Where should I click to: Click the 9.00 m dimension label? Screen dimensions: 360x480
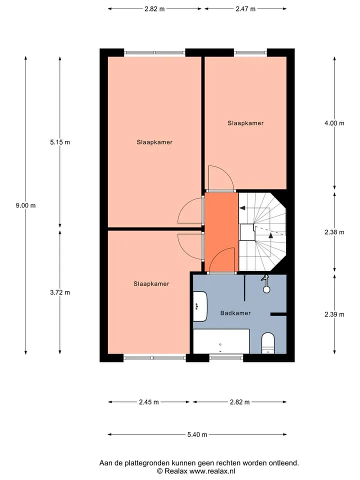tap(25, 205)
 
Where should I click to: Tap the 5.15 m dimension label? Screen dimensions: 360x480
tap(60, 142)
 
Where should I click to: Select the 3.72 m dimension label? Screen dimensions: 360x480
tap(60, 292)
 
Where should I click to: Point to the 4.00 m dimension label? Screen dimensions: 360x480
tap(334, 123)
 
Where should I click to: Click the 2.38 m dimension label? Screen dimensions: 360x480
tap(334, 232)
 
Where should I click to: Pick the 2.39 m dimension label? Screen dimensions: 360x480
tap(334, 314)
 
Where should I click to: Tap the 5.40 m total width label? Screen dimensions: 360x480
tap(197, 434)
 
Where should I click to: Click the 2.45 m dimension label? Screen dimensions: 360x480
tap(149, 402)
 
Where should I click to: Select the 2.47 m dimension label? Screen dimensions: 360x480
tap(245, 9)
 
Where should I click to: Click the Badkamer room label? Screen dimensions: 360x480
tap(235, 313)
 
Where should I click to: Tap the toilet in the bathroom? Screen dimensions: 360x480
tap(268, 343)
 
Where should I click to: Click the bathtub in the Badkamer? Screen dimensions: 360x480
tap(221, 341)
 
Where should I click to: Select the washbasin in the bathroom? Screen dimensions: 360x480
tap(200, 306)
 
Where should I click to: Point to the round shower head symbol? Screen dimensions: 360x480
tap(266, 289)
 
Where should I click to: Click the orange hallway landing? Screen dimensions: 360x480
tap(221, 232)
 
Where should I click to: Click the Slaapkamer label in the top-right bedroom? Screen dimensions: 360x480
tap(245, 123)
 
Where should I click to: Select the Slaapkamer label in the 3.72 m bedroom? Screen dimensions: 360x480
tap(151, 284)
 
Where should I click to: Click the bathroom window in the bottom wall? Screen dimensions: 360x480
tap(226, 357)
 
